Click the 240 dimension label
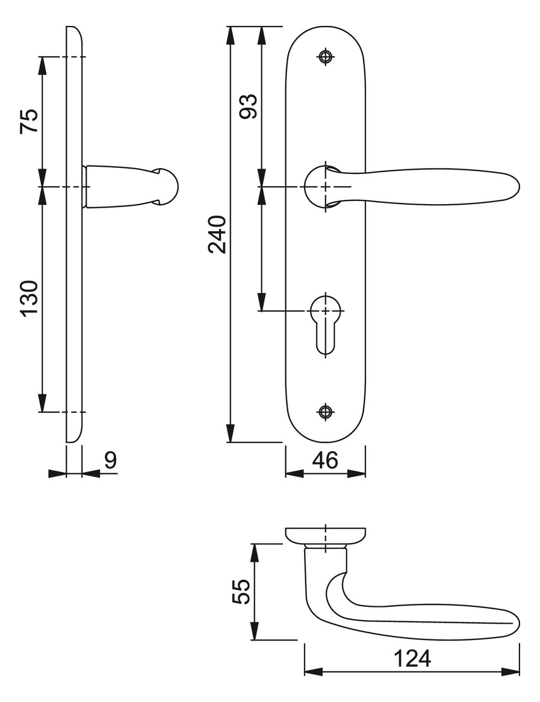click(218, 235)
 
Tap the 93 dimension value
click(249, 106)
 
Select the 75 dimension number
click(29, 121)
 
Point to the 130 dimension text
click(29, 299)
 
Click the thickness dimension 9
click(111, 460)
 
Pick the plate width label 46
click(326, 460)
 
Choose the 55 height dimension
click(242, 591)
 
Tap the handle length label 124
click(412, 658)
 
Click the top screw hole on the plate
click(326, 57)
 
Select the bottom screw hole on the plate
click(326, 411)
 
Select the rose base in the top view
click(326, 535)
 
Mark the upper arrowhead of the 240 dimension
click(230, 36)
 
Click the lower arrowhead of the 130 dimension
click(42, 403)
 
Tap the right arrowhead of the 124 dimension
click(511, 672)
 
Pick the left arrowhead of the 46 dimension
click(294, 473)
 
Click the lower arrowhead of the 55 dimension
click(254, 630)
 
